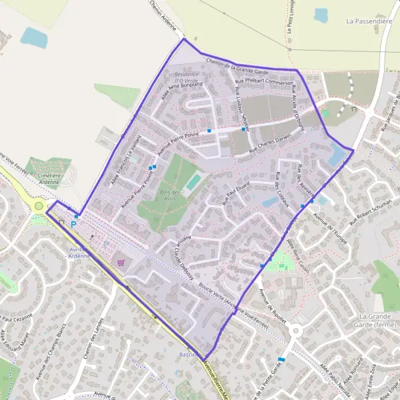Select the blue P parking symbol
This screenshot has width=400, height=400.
point(73,224)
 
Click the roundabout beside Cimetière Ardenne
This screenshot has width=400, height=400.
point(39,206)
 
